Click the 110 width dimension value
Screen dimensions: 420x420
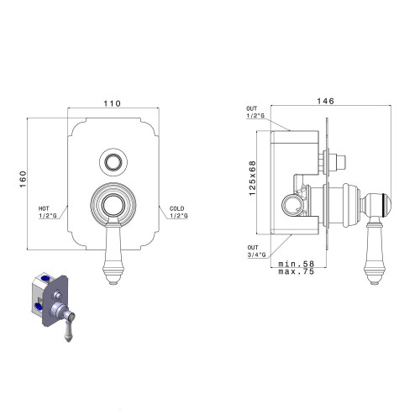pyautogui.click(x=113, y=103)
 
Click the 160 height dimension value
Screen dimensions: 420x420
pyautogui.click(x=23, y=179)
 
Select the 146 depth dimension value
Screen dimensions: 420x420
pyautogui.click(x=326, y=101)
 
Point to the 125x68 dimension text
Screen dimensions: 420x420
pyautogui.click(x=252, y=178)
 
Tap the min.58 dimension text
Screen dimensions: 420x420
pyautogui.click(x=297, y=264)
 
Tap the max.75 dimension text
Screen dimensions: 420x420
pyautogui.click(x=297, y=271)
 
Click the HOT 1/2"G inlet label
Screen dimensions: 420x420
pyautogui.click(x=47, y=212)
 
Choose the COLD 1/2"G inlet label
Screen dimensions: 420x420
pyautogui.click(x=178, y=212)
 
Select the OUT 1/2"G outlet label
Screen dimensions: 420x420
pyautogui.click(x=255, y=112)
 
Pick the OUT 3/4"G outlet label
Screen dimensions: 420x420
pyautogui.click(x=257, y=251)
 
